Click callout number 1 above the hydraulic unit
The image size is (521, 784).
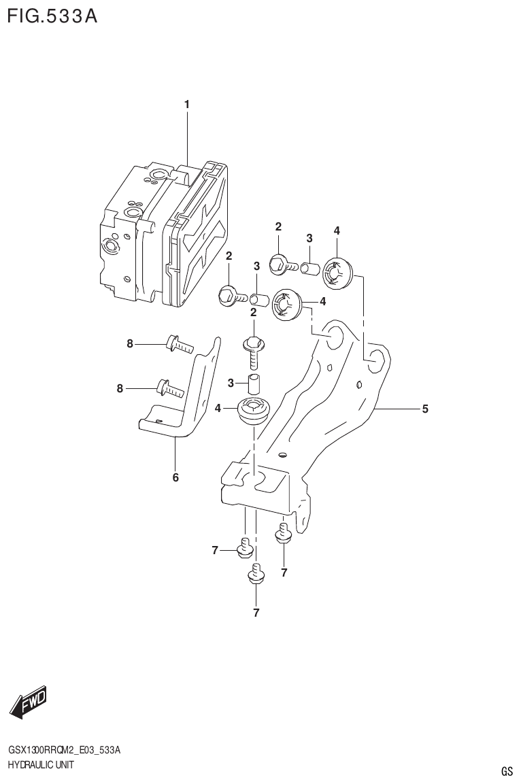click(x=186, y=104)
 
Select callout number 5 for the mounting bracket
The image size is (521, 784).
click(x=425, y=409)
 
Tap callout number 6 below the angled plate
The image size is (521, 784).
click(x=175, y=477)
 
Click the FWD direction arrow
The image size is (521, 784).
click(x=29, y=702)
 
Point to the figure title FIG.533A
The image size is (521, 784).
click(x=52, y=16)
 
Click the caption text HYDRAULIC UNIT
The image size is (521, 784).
click(x=40, y=765)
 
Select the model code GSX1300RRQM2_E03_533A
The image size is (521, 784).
click(x=65, y=750)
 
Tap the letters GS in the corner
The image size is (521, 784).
click(x=507, y=771)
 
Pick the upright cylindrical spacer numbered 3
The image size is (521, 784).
click(x=254, y=384)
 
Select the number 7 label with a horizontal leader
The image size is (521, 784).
click(x=215, y=550)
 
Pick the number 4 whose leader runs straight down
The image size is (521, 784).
click(x=337, y=231)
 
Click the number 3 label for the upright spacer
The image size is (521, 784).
click(x=231, y=384)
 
